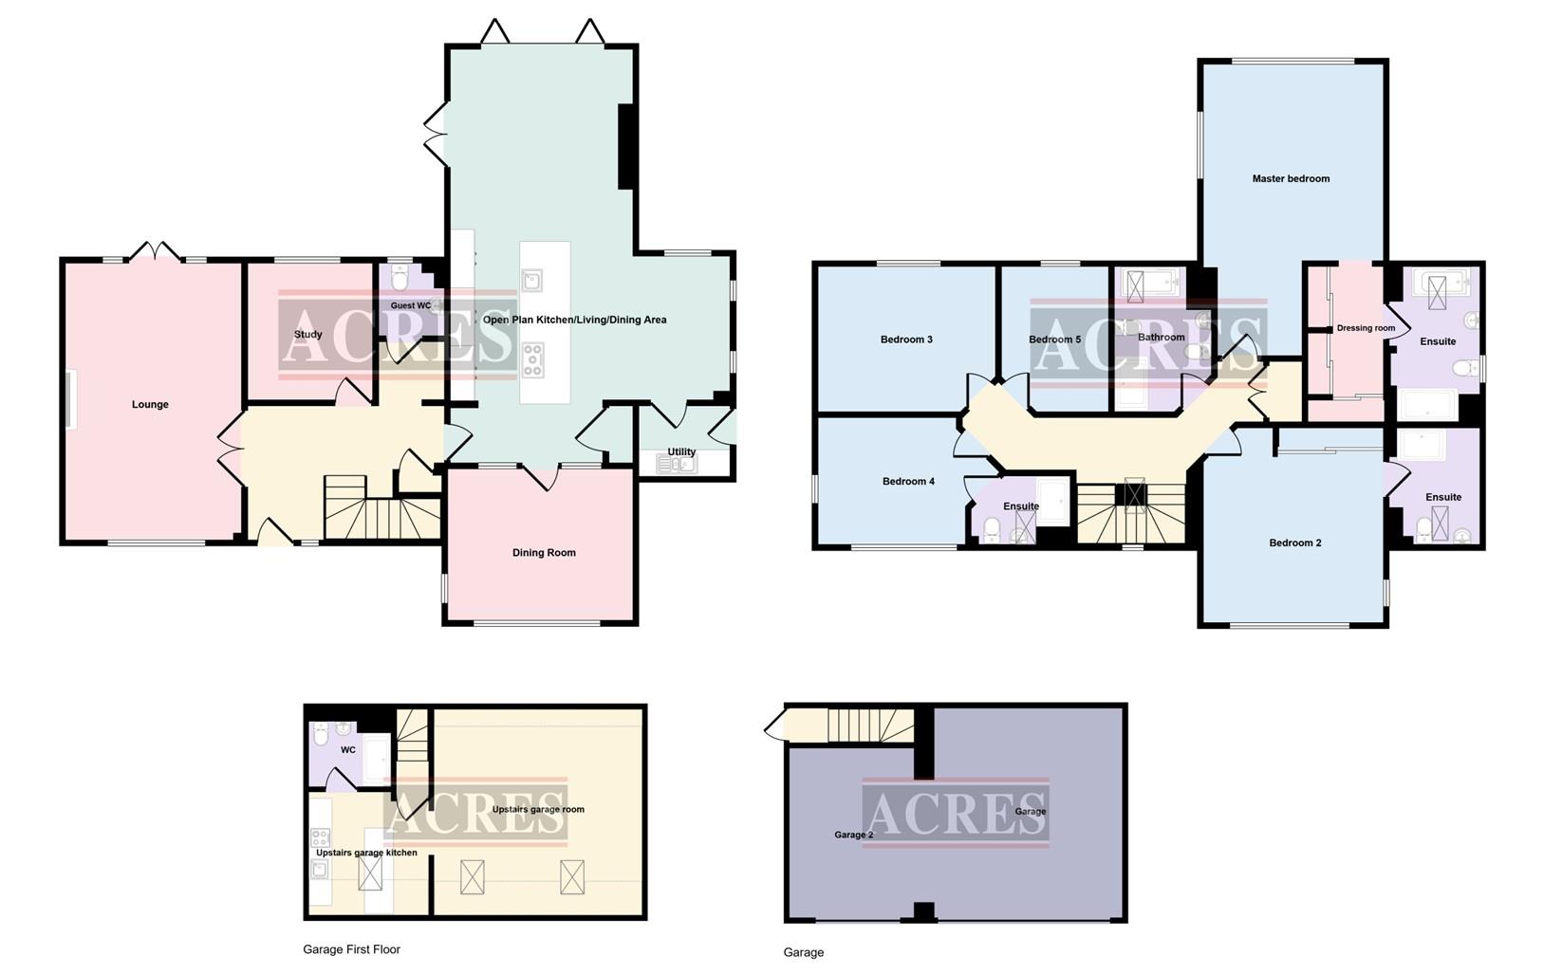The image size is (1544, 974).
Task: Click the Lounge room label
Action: (x=150, y=405)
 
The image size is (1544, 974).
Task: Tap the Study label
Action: (x=307, y=335)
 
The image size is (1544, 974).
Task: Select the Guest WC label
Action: (x=411, y=305)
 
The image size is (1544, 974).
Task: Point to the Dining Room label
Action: (x=544, y=553)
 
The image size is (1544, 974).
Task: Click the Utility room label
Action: (x=681, y=451)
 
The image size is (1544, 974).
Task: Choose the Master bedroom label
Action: (x=1291, y=178)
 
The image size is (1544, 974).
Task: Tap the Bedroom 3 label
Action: (x=906, y=340)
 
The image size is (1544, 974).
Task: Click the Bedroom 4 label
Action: (x=908, y=482)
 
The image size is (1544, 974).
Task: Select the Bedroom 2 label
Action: (x=1295, y=543)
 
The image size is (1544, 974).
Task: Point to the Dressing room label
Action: (x=1366, y=328)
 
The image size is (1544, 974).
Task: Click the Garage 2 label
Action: (x=853, y=836)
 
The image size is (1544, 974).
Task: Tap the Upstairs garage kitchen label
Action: (x=366, y=853)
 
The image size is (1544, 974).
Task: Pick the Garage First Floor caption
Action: (x=351, y=949)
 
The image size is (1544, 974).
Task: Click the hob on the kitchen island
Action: (x=532, y=359)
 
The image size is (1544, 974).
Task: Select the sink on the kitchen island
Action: (x=531, y=280)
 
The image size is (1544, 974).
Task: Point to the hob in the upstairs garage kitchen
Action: (x=320, y=837)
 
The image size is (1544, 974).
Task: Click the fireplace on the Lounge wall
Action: (x=70, y=401)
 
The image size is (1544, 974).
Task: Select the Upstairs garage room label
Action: (x=538, y=810)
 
